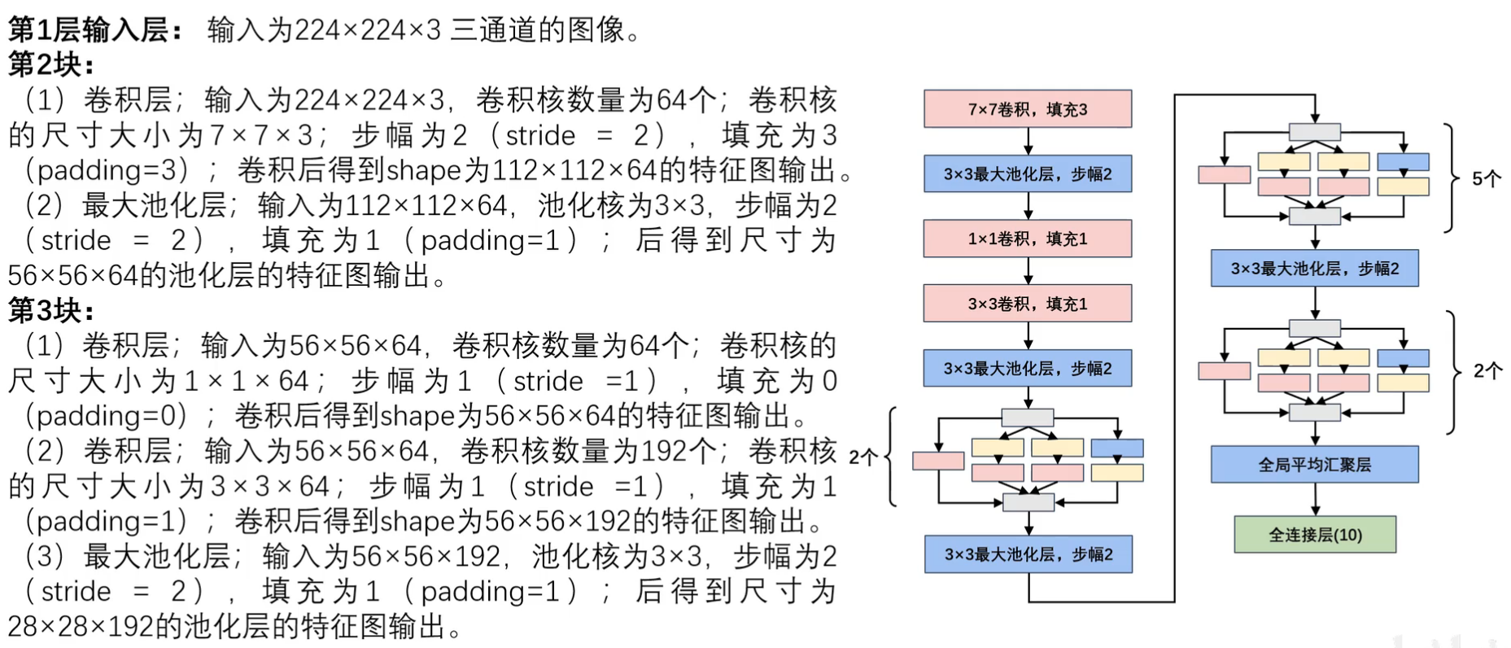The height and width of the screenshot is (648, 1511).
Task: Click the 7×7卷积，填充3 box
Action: point(1028,109)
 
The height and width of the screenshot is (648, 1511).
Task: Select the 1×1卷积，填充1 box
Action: point(1028,239)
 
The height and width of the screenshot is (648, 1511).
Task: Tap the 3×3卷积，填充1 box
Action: point(1028,304)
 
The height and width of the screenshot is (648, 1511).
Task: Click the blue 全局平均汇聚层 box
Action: point(1314,465)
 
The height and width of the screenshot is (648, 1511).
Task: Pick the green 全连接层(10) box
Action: point(1315,535)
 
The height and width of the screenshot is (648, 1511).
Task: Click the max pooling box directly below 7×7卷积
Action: point(1028,173)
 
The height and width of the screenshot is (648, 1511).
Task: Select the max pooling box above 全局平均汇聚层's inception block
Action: point(1314,269)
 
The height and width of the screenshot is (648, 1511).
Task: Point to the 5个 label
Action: point(1487,178)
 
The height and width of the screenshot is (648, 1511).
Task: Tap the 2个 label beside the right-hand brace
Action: point(1487,371)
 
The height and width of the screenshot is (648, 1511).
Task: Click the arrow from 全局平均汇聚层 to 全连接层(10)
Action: point(1315,499)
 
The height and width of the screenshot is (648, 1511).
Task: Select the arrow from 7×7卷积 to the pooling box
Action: point(1028,141)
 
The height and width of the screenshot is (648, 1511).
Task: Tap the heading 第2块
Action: point(51,64)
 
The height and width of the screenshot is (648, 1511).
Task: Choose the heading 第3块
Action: point(51,310)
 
